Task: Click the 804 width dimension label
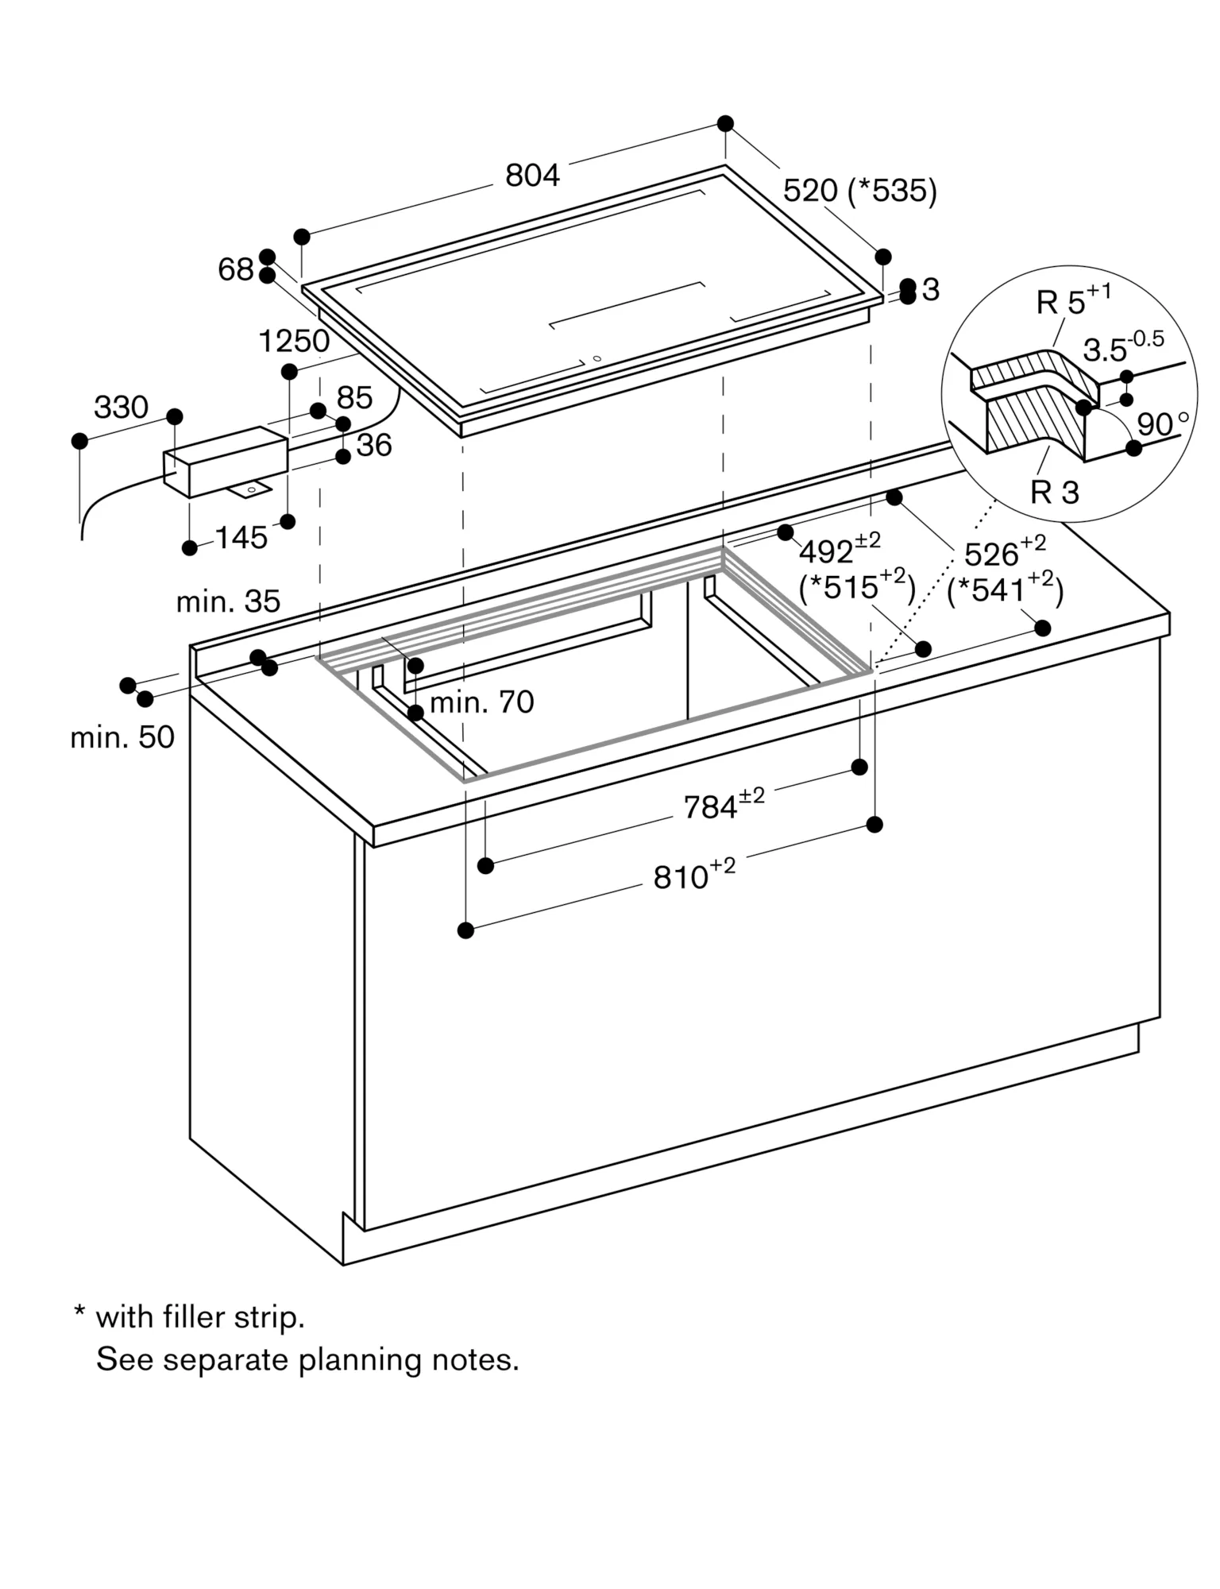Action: [x=532, y=176]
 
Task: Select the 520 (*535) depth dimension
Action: [x=859, y=191]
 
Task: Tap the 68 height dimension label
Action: [x=235, y=270]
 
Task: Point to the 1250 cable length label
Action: [x=294, y=342]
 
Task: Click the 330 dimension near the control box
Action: [x=121, y=408]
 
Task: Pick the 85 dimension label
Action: [x=354, y=398]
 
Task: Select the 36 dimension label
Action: [x=373, y=446]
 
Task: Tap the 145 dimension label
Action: [x=241, y=539]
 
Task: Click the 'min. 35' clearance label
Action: [x=228, y=601]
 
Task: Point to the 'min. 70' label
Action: [x=481, y=702]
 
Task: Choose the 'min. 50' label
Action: [x=122, y=737]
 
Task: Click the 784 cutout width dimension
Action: [x=712, y=808]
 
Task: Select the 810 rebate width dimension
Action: [x=681, y=877]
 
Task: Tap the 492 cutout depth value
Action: [x=826, y=552]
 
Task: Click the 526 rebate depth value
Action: [x=991, y=554]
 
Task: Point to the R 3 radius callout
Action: [x=1054, y=493]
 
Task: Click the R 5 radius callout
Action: [x=1061, y=303]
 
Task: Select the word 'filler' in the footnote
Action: [x=194, y=1317]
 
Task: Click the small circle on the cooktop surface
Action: [x=597, y=358]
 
